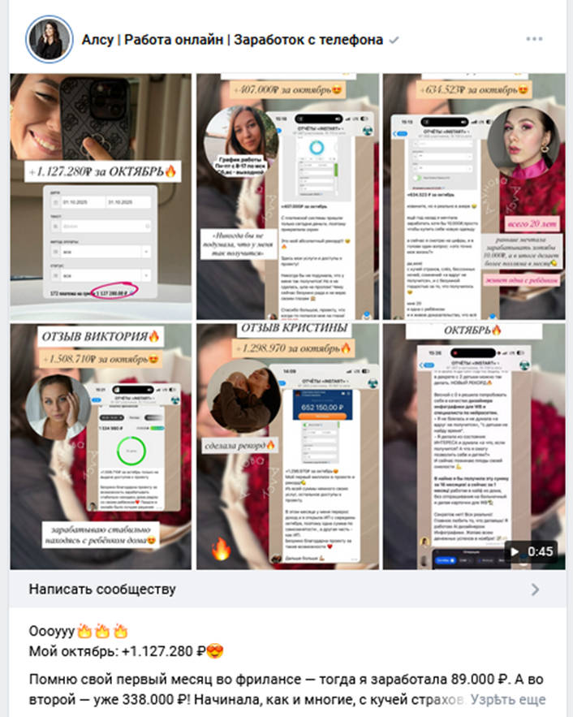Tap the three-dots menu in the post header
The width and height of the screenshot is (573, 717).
(533, 39)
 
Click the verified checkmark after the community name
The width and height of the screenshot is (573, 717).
(394, 40)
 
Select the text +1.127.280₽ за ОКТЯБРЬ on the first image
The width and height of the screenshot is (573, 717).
(101, 171)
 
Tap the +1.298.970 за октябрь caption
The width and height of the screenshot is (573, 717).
(286, 348)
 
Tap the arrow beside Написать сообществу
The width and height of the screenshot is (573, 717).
(534, 590)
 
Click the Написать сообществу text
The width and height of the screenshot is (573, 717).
(102, 590)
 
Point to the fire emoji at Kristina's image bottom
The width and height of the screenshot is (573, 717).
(222, 550)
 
